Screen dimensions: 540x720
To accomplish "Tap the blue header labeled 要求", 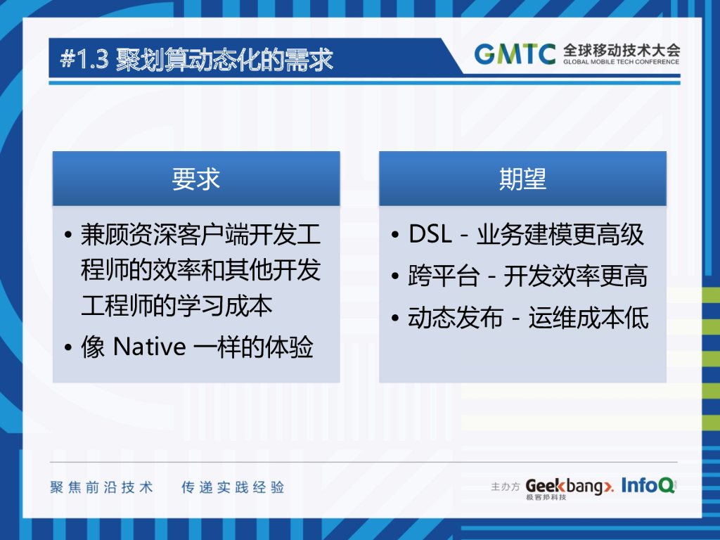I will point(196,179).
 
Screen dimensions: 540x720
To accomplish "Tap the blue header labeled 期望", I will point(522,179).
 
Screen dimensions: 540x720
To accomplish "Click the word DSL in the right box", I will point(430,235).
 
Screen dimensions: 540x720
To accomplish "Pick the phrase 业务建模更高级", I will point(560,235).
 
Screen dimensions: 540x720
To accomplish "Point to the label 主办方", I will point(505,487).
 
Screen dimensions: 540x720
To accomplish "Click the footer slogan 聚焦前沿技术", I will point(101,487).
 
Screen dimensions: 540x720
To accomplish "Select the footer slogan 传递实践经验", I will point(233,487).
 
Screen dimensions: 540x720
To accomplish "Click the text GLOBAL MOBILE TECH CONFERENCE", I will point(621,62).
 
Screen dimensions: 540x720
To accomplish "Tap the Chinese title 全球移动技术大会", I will point(621,50).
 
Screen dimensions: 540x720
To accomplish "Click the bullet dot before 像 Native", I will point(67,349).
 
